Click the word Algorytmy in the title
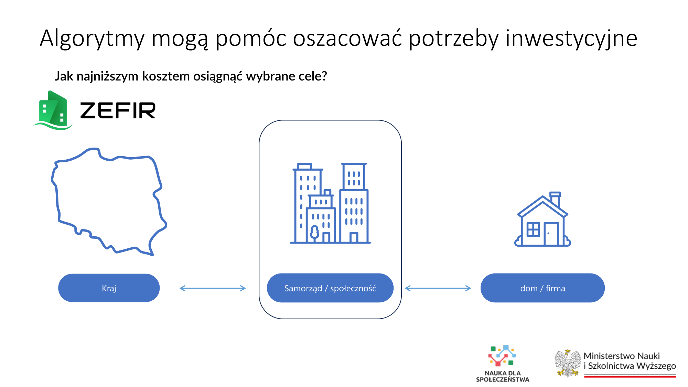click(92, 39)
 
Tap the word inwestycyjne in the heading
click(571, 39)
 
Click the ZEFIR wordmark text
click(118, 110)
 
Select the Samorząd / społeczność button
click(330, 288)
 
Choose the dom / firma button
click(542, 288)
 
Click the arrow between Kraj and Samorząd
click(213, 288)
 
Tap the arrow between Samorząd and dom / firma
click(438, 288)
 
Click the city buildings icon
click(330, 203)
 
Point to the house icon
click(542, 220)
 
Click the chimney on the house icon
click(555, 199)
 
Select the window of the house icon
click(533, 229)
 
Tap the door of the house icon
click(551, 234)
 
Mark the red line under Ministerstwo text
click(630, 377)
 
